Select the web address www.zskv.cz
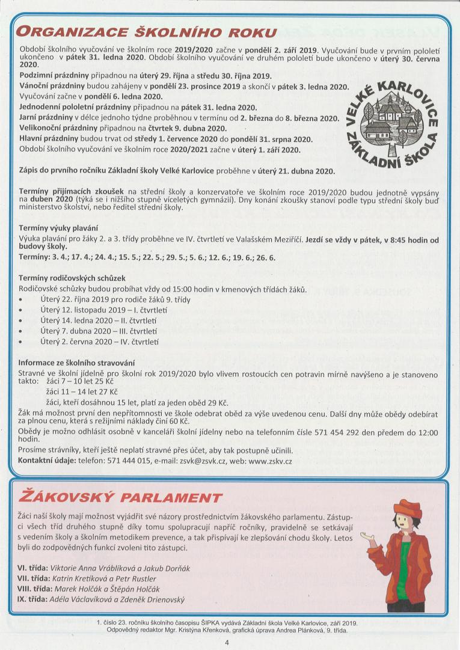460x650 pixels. tap(270, 461)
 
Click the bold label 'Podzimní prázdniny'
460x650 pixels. tap(54, 76)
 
